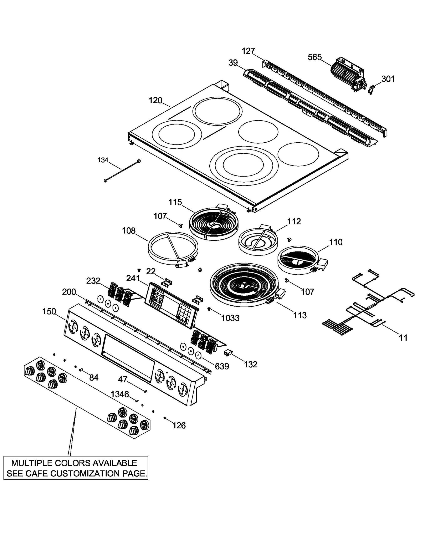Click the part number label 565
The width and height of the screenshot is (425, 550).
(x=314, y=57)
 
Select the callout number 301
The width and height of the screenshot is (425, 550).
(x=388, y=79)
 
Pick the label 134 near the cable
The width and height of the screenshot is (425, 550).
(x=103, y=160)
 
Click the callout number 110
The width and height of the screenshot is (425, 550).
(x=336, y=242)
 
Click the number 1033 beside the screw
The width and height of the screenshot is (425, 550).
(x=230, y=318)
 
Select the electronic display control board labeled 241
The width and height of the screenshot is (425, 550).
(x=171, y=305)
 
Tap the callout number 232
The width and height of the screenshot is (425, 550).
(x=93, y=281)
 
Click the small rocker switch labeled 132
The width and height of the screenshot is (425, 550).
(x=228, y=353)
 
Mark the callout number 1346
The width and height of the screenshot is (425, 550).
(x=120, y=394)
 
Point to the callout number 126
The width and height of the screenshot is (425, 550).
(x=179, y=425)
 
